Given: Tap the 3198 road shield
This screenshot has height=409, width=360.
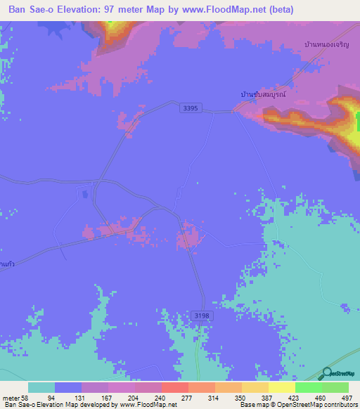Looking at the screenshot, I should coord(201,316).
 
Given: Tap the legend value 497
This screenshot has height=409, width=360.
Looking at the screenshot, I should coord(346,398).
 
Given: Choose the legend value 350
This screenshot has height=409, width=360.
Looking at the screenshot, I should coord(242,398).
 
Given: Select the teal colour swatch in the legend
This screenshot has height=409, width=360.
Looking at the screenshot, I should coord(41,387).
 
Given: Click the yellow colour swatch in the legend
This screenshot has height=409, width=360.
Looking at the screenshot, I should coord(282,387).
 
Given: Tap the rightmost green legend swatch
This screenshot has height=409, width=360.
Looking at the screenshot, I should coord(335,387).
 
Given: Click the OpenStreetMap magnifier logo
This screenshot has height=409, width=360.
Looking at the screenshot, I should coord(327,373).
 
